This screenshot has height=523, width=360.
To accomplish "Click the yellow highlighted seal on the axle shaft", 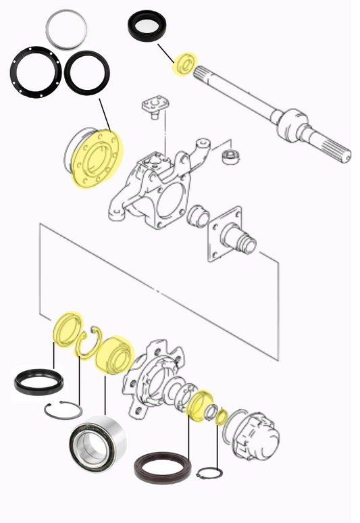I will click(x=184, y=64).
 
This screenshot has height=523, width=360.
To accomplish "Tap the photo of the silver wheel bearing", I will click(x=98, y=445).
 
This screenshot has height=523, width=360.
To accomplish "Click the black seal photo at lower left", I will click(x=39, y=382).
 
